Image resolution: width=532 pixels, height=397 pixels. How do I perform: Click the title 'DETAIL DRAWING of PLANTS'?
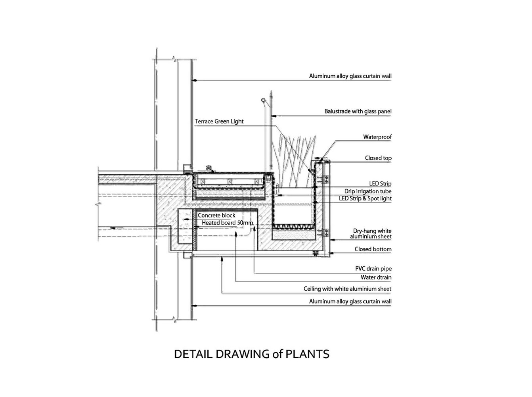pyautogui.click(x=251, y=354)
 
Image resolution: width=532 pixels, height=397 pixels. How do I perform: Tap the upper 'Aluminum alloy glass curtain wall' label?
pyautogui.click(x=350, y=76)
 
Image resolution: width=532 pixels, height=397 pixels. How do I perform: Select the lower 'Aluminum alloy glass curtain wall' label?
pyautogui.click(x=350, y=301)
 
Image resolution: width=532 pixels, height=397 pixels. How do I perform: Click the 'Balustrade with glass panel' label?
pyautogui.click(x=358, y=112)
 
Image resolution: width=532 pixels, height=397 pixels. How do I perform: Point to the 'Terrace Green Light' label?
pyautogui.click(x=219, y=121)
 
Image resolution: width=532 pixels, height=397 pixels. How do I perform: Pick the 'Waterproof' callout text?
pyautogui.click(x=377, y=137)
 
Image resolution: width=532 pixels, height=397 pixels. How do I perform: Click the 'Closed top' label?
pyautogui.click(x=378, y=158)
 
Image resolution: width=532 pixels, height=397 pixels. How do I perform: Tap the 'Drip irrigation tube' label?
pyautogui.click(x=367, y=191)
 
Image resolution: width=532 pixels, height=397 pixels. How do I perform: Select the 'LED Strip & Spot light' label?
pyautogui.click(x=365, y=198)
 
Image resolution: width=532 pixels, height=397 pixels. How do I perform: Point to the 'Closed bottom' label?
pyautogui.click(x=373, y=249)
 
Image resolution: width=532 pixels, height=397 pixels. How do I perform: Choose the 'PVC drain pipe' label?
pyautogui.click(x=373, y=269)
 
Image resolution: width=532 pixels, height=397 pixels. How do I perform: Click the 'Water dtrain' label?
pyautogui.click(x=376, y=278)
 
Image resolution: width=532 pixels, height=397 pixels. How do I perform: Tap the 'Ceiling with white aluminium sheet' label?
pyautogui.click(x=347, y=289)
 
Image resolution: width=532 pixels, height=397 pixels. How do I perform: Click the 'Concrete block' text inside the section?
pyautogui.click(x=216, y=215)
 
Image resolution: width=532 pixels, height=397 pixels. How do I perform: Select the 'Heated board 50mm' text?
pyautogui.click(x=227, y=223)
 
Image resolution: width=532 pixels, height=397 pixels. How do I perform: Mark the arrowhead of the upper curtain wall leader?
pyautogui.click(x=194, y=81)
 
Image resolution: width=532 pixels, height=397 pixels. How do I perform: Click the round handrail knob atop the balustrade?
pyautogui.click(x=262, y=99)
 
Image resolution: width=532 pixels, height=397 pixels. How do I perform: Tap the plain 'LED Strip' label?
pyautogui.click(x=380, y=184)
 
